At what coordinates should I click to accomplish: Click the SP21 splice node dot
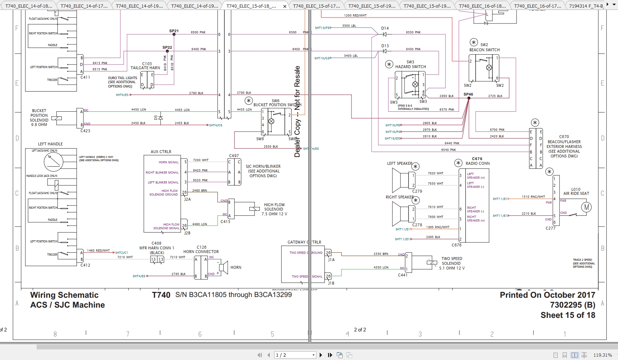[x=174, y=34]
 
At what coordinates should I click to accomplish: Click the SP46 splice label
[x=468, y=94]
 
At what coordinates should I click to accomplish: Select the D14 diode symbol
[x=384, y=34]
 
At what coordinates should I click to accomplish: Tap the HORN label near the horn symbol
[x=236, y=268]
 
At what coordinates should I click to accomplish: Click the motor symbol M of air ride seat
[x=587, y=207]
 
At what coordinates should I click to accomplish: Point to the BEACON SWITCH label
[x=484, y=50]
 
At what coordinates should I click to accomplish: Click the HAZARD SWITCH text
[x=410, y=67]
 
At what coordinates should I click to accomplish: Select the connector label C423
[x=85, y=131]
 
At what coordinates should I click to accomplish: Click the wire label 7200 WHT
[x=201, y=160]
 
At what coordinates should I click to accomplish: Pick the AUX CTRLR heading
[x=161, y=152]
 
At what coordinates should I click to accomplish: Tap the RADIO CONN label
[x=477, y=163]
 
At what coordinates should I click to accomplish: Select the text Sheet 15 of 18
[x=567, y=315]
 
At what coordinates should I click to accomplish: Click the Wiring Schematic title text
[x=64, y=295]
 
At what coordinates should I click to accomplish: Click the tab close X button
[x=285, y=6]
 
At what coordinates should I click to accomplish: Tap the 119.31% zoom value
[x=602, y=355]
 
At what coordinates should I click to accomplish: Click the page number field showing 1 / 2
[x=295, y=355]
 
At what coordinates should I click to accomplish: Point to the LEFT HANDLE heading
[x=51, y=144]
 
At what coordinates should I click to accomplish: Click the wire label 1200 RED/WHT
[x=355, y=15]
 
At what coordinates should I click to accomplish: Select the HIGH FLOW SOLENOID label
[x=274, y=207]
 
